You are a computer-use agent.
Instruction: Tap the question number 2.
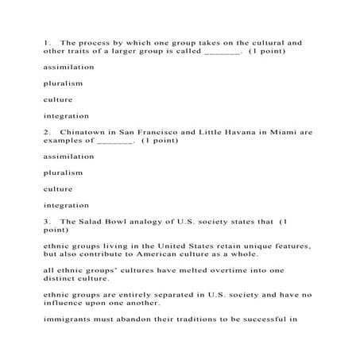[46, 131]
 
